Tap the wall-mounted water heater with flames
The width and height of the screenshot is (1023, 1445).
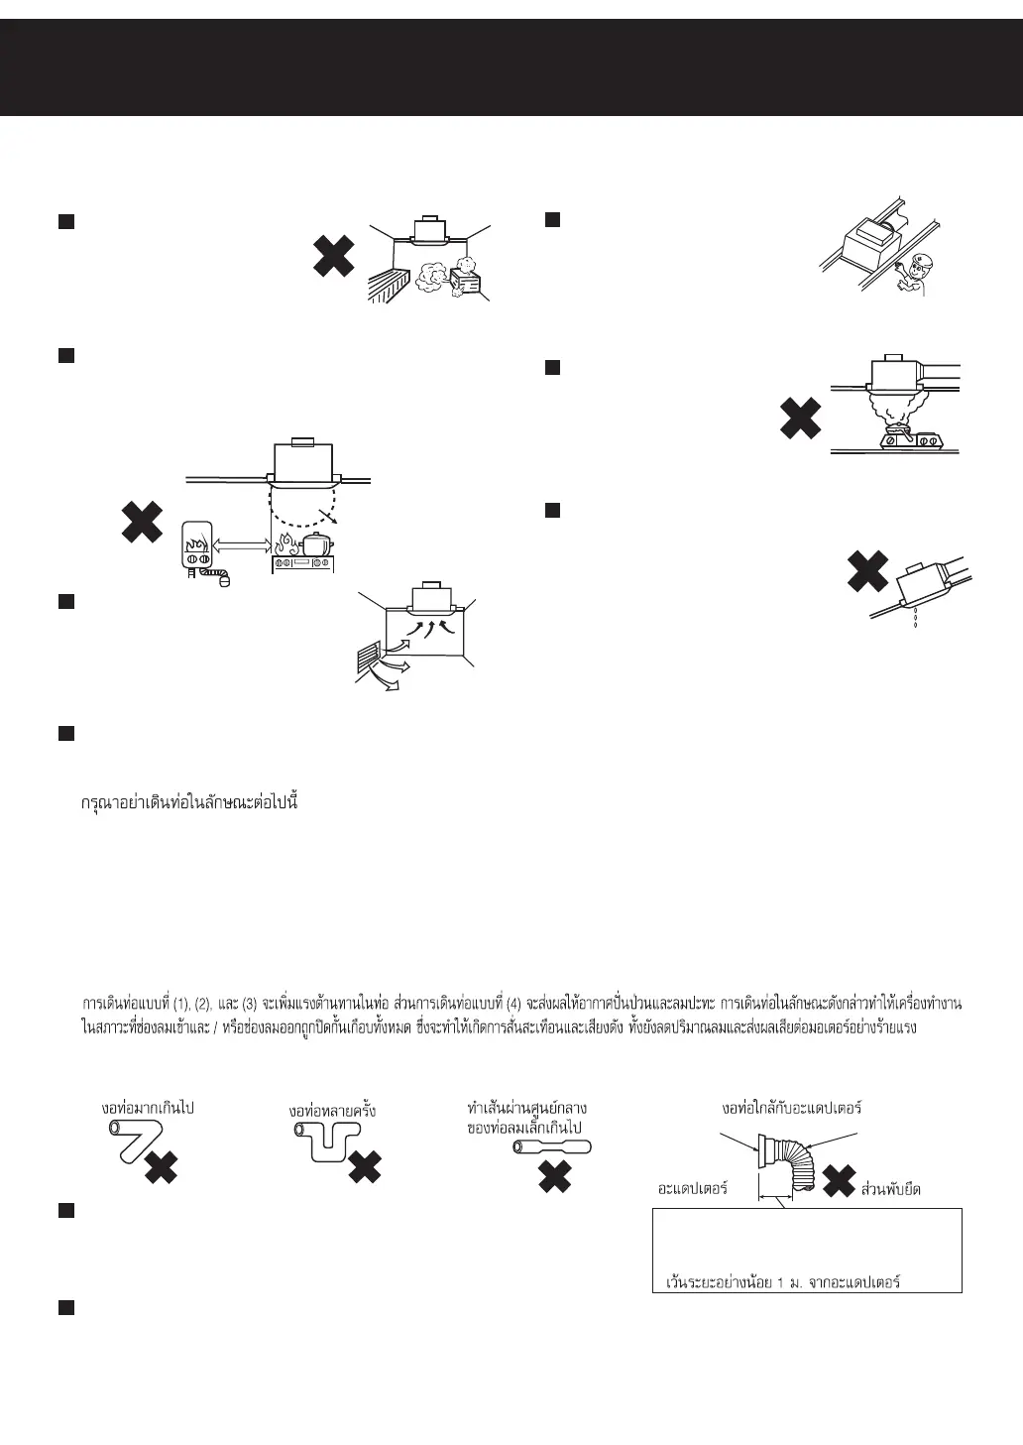click(199, 543)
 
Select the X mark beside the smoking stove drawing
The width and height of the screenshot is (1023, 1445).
click(800, 419)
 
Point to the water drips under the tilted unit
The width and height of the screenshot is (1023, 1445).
click(913, 622)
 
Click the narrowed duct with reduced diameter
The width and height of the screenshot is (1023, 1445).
click(552, 1147)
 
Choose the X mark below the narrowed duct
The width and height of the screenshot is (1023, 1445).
click(555, 1176)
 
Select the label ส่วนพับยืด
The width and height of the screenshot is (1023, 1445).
click(891, 1188)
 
